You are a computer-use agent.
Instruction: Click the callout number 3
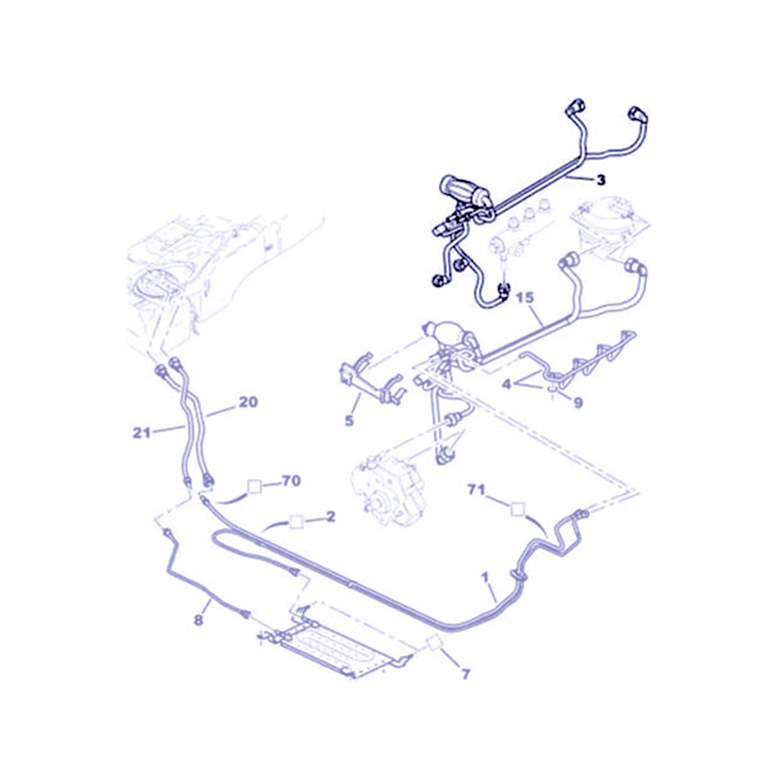point(601,180)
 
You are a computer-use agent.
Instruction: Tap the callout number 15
point(525,297)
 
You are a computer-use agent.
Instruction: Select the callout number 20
point(248,402)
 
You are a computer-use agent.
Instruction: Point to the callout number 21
point(141,432)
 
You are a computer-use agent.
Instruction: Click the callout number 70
point(291,481)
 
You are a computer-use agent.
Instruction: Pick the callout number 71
point(476,489)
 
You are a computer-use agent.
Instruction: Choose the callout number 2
point(330,516)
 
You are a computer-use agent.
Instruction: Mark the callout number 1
point(485,577)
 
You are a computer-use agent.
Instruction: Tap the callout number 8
point(198,620)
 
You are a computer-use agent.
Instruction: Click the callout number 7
point(465,674)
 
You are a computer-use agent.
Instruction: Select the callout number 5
point(349,420)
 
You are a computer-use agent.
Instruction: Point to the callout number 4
point(507,384)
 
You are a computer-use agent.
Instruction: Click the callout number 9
point(578,403)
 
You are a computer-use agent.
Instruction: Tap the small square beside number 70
point(254,486)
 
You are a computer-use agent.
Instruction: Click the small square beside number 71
point(518,509)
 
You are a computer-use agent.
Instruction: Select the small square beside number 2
point(296,522)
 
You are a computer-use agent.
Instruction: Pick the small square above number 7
point(434,643)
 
